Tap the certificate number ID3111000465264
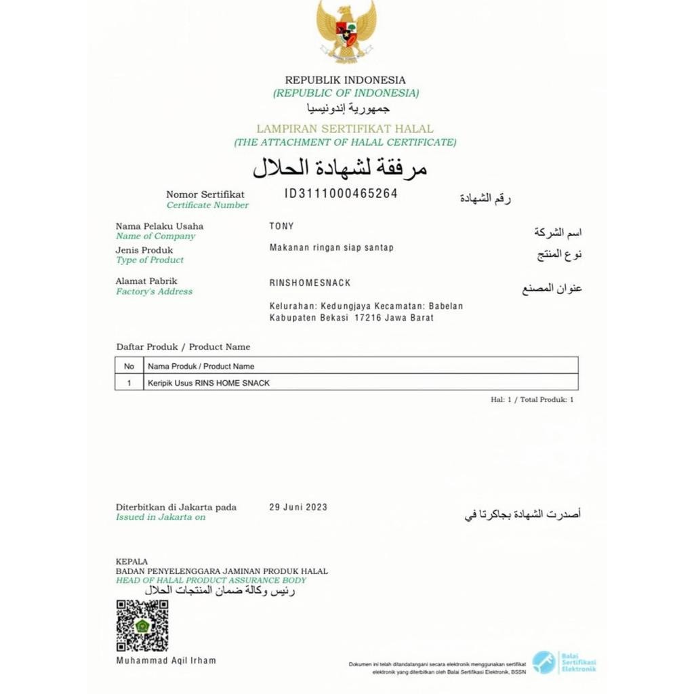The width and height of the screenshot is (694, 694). [x=341, y=194]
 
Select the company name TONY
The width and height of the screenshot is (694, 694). [x=281, y=226]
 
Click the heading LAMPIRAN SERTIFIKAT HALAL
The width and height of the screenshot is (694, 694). [x=345, y=129]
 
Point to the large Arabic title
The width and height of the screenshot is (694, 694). [x=340, y=167]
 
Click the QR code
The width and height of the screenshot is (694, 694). [x=142, y=626]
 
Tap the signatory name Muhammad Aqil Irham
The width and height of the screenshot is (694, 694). [x=166, y=660]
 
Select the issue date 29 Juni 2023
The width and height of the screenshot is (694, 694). [x=298, y=507]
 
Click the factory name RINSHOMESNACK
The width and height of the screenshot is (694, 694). [x=310, y=283]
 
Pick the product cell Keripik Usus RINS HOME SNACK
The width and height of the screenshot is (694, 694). [x=209, y=383]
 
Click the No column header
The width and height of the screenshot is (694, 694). [x=129, y=366]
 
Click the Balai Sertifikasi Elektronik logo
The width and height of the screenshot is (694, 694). [x=564, y=662]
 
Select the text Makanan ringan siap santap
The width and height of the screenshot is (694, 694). [x=331, y=248]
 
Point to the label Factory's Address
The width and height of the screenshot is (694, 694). [x=154, y=291]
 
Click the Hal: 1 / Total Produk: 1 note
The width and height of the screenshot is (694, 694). [x=532, y=400]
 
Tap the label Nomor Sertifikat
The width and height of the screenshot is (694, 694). [x=205, y=195]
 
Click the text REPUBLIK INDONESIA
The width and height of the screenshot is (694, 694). [x=345, y=80]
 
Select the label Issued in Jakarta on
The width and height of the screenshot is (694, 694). [x=161, y=517]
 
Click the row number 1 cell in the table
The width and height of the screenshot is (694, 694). [x=129, y=383]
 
